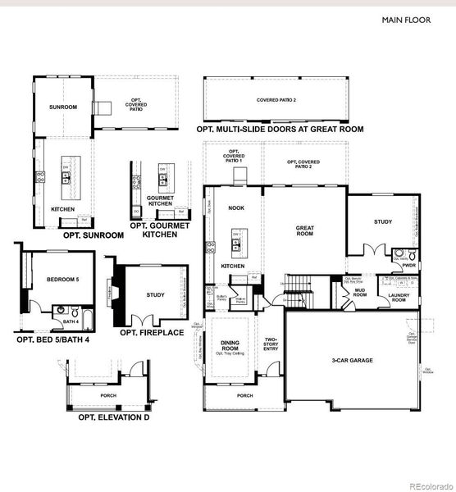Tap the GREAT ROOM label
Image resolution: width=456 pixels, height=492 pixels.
(x=305, y=231)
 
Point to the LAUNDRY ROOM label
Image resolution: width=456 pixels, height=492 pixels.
(x=399, y=298)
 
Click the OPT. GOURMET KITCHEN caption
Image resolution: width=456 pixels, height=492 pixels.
(x=159, y=230)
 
